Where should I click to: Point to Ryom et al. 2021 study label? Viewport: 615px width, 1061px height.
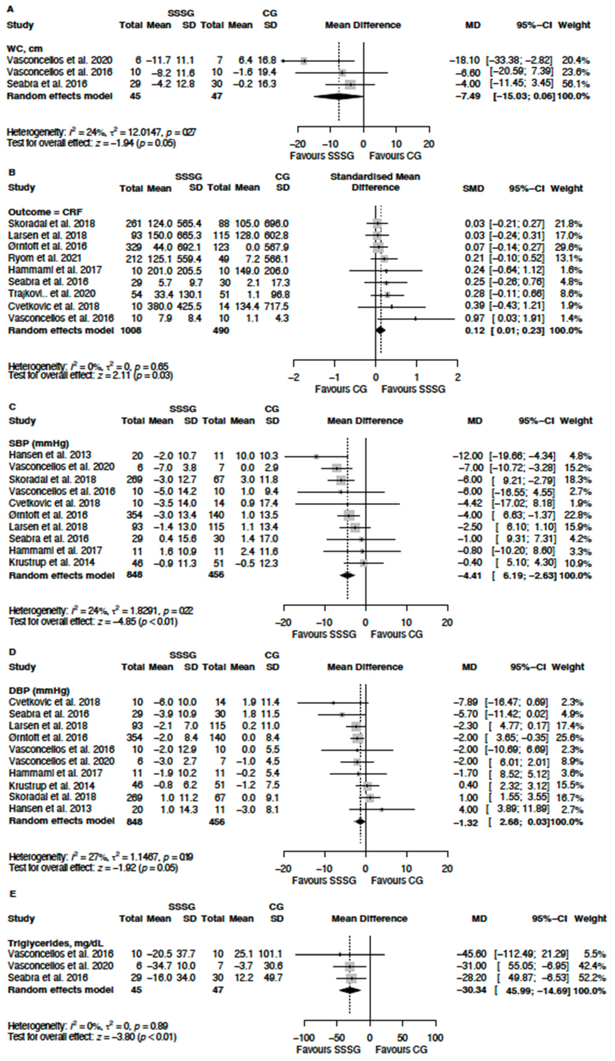click(x=45, y=258)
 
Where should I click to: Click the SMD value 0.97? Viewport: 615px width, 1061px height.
click(x=474, y=318)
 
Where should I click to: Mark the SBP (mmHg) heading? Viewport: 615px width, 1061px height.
click(x=39, y=443)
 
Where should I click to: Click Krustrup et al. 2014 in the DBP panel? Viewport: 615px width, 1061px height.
click(x=51, y=785)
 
